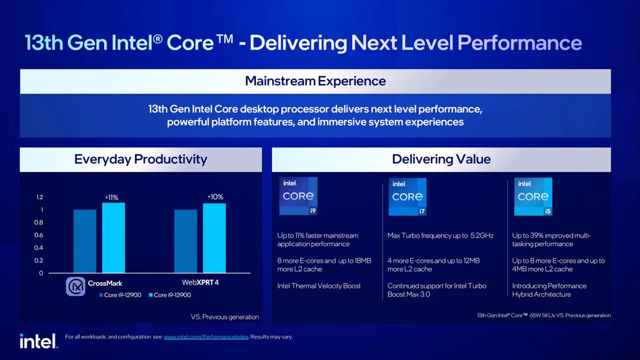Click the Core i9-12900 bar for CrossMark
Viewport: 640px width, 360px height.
(x=84, y=241)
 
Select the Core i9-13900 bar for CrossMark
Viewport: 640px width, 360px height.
(x=113, y=237)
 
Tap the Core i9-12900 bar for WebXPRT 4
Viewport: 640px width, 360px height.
(x=185, y=241)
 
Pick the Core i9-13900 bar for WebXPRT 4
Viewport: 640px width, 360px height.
(x=214, y=238)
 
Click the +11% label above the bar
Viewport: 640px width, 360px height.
(x=111, y=197)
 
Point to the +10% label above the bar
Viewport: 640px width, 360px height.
(x=215, y=197)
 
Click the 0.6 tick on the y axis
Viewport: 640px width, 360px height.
(x=38, y=235)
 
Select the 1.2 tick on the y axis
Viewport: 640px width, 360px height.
(x=39, y=197)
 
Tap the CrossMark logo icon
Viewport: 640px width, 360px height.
(x=75, y=286)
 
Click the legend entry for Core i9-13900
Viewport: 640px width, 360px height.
(x=169, y=295)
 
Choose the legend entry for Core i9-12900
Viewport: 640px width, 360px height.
(x=120, y=295)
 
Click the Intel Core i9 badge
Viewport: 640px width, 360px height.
(x=298, y=196)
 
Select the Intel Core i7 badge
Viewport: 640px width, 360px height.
(x=407, y=196)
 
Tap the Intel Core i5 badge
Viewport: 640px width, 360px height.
(x=533, y=196)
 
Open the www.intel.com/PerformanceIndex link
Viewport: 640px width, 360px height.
(x=206, y=337)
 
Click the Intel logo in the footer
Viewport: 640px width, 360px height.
(x=38, y=341)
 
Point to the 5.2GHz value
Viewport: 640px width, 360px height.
(x=482, y=235)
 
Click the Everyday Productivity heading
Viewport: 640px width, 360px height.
(x=140, y=159)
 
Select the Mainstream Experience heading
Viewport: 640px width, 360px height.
(x=315, y=81)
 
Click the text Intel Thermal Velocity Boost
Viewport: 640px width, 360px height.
(x=319, y=286)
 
